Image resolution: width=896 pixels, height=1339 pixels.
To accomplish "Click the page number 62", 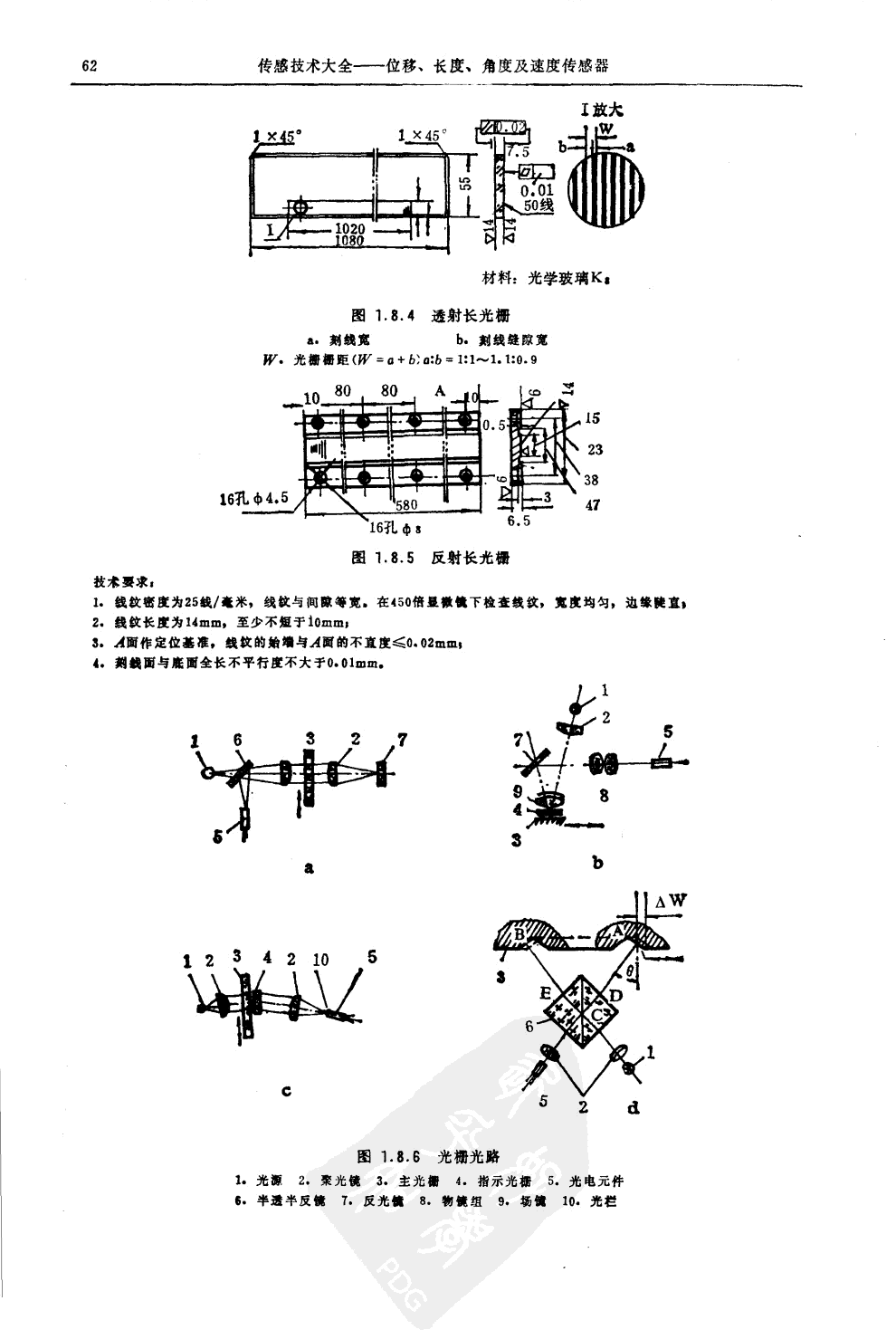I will click(88, 66).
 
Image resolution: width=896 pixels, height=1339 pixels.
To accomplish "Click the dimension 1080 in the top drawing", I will click(348, 242).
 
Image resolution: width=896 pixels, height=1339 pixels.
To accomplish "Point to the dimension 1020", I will click(348, 230).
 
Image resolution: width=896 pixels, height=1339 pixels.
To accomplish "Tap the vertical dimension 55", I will click(465, 184).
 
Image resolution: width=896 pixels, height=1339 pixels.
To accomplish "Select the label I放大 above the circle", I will click(602, 110).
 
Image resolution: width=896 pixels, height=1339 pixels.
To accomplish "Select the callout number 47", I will click(592, 505).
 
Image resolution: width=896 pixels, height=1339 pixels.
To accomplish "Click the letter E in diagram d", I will click(546, 993).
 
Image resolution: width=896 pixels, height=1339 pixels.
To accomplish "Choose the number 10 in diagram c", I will click(320, 960).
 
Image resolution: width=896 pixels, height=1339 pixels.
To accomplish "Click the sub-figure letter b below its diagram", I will click(597, 864).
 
